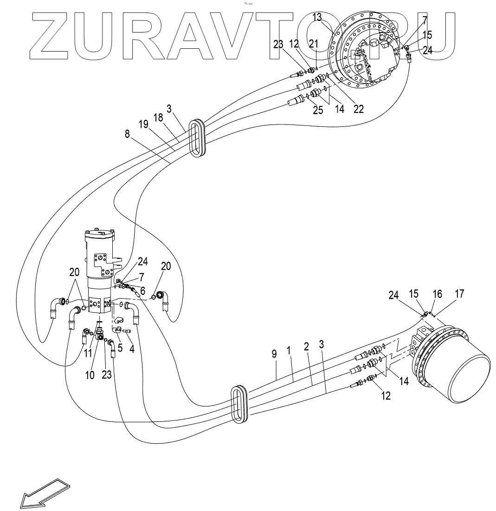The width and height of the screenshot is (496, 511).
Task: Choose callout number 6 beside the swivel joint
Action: (142, 291)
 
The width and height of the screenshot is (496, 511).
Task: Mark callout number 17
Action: (459, 294)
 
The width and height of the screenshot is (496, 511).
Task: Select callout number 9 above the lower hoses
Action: (275, 354)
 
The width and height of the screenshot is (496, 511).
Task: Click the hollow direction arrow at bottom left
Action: (44, 494)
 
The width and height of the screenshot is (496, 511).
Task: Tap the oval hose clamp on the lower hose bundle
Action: (239, 404)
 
